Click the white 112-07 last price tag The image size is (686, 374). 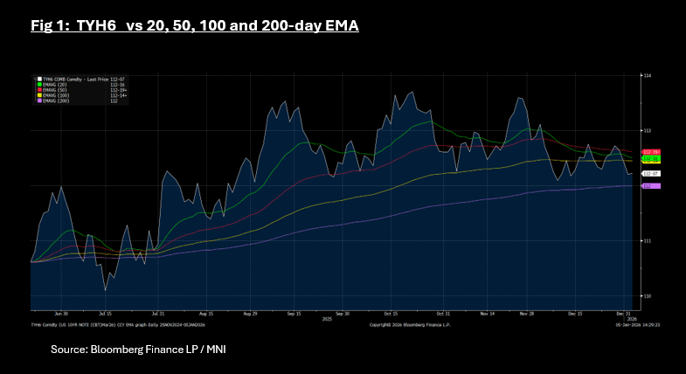[x=650, y=175]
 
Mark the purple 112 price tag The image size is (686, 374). [x=649, y=186]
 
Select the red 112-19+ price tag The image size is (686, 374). [x=651, y=152]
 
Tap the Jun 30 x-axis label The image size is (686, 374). [x=60, y=312]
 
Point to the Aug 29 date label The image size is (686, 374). [x=250, y=312]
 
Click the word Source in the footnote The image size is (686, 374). [x=68, y=350]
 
